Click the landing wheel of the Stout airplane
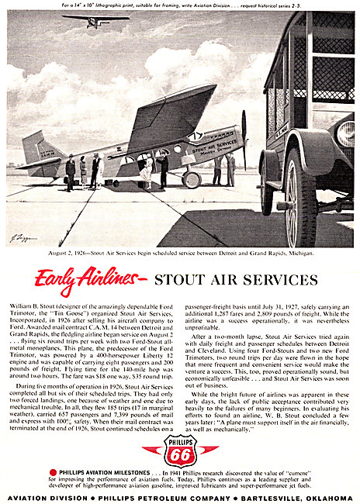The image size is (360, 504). pos(192,180)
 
